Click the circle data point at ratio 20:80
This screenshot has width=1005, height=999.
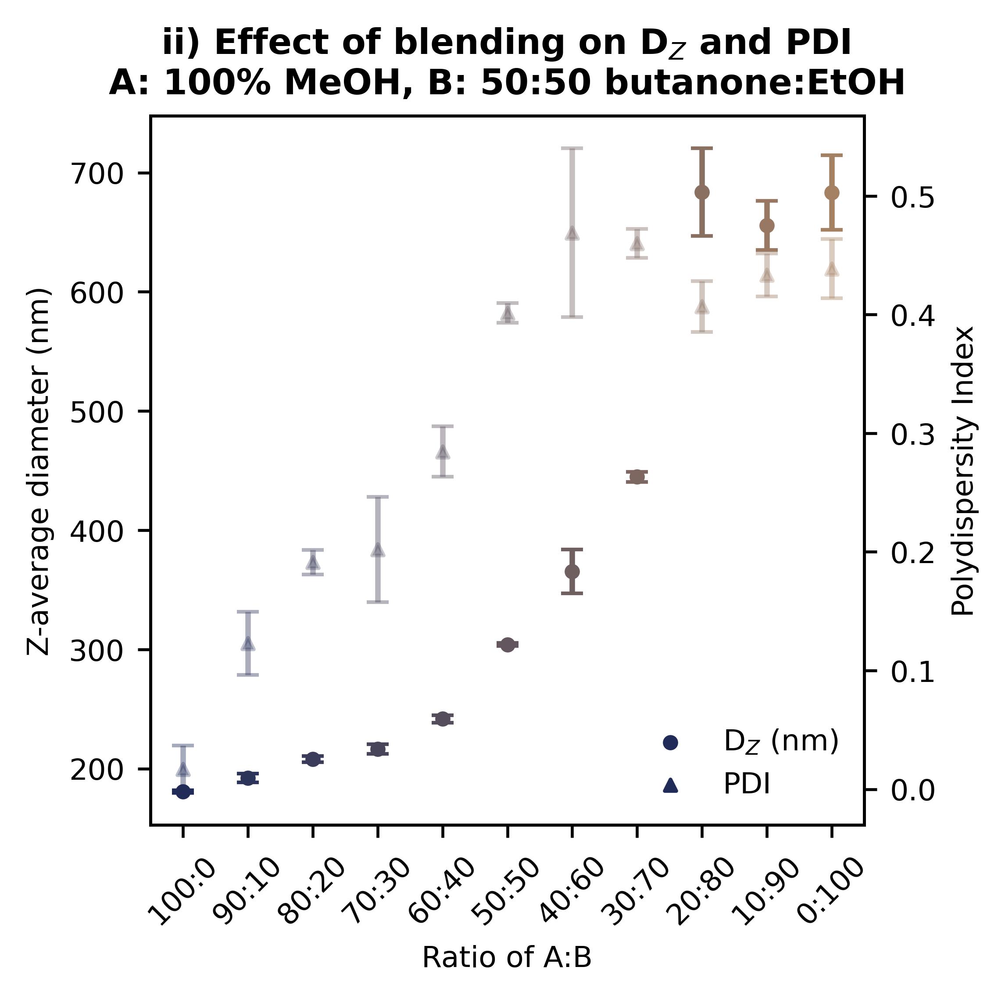(702, 192)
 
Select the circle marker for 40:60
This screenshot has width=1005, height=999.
(572, 571)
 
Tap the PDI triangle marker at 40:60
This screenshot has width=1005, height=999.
(572, 233)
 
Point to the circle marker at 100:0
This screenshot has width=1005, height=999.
(183, 792)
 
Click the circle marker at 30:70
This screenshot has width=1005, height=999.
(637, 477)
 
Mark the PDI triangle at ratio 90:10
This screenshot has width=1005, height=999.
(248, 644)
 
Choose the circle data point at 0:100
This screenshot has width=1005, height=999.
(831, 193)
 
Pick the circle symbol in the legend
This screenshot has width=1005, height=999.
(671, 743)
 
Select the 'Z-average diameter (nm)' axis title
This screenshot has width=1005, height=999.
(39, 471)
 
